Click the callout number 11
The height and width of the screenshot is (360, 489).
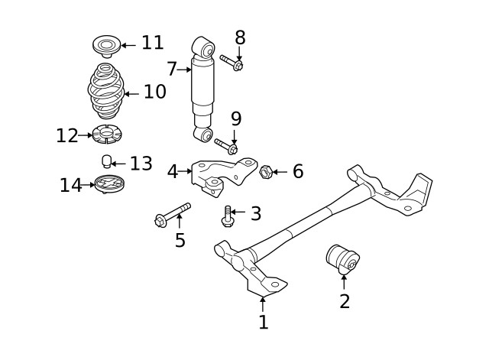coord(152,43)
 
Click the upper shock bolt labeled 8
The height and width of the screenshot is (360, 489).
coord(231,60)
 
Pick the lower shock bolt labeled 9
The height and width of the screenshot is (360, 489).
coord(225,144)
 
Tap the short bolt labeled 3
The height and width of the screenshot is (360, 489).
coord(227,215)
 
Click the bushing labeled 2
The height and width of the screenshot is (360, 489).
coord(342,260)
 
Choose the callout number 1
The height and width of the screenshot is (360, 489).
coord(264,323)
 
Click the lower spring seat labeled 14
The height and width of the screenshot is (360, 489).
coord(106,184)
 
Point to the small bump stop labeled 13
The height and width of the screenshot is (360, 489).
coord(108,161)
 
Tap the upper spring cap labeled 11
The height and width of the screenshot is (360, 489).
coord(105,45)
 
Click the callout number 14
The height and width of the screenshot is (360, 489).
coord(71,186)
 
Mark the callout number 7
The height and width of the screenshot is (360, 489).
coord(172,70)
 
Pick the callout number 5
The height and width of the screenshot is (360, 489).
coord(180,241)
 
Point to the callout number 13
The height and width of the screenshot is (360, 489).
coord(141,163)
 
